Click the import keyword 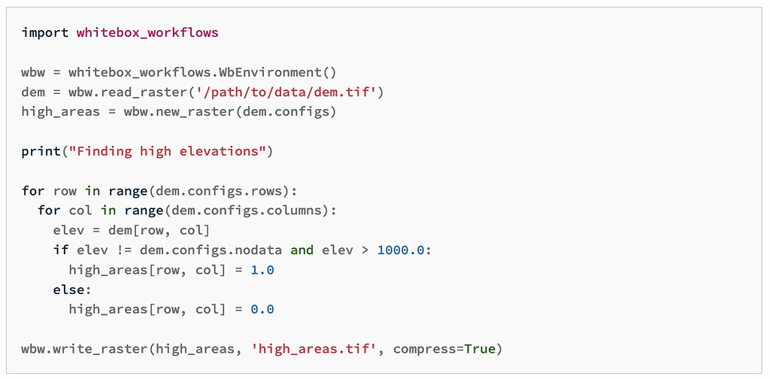pyautogui.click(x=44, y=33)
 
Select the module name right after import pyautogui.click(x=147, y=33)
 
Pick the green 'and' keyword pyautogui.click(x=302, y=250)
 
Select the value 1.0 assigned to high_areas pyautogui.click(x=262, y=269)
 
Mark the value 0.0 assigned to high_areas pyautogui.click(x=262, y=309)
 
